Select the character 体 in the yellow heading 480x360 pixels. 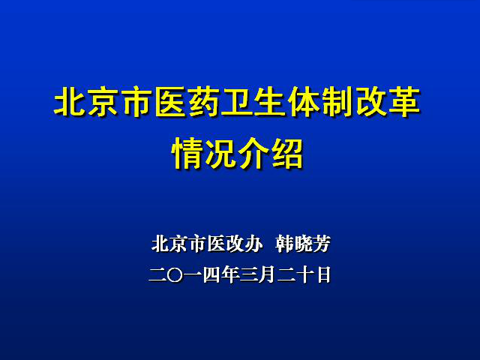coord(303,102)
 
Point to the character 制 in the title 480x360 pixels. coord(336,102)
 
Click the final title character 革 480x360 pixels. coord(403,102)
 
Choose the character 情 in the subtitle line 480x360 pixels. coord(187,153)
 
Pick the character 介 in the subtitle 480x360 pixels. coord(253,153)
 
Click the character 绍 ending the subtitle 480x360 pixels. coord(286,153)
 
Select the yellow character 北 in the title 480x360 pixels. coord(69,102)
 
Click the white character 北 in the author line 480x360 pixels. coord(160,244)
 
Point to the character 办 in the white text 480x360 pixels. coord(253,244)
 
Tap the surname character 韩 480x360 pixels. coord(285,244)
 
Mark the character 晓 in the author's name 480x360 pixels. coord(303,244)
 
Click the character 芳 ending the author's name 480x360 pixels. coord(322,244)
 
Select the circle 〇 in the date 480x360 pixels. coord(175,275)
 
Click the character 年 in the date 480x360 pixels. coord(230,275)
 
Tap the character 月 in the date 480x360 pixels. coord(267,275)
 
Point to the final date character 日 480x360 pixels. coord(323,275)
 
